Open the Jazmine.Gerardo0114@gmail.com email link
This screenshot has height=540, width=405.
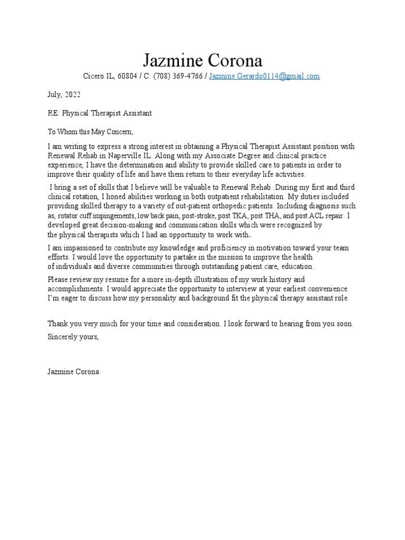(264, 76)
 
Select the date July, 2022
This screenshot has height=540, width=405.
(64, 94)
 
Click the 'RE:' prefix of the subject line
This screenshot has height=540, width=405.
(53, 113)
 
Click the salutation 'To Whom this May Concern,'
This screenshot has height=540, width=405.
(91, 132)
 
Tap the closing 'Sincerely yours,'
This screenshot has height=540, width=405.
(73, 337)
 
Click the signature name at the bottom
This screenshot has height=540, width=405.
(73, 372)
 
